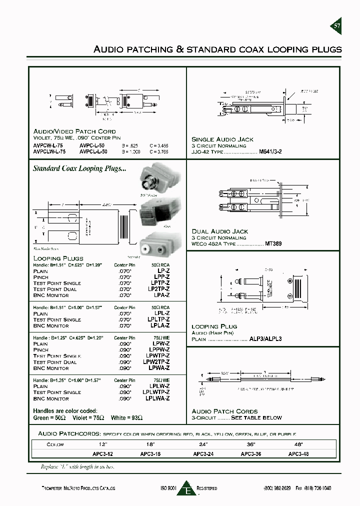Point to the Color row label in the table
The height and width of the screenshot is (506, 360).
(x=55, y=444)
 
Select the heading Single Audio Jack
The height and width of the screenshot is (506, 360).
(x=222, y=139)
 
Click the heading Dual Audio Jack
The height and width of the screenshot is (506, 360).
(x=220, y=231)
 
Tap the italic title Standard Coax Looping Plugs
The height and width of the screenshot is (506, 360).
(x=79, y=169)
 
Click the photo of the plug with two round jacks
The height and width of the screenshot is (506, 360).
(x=159, y=245)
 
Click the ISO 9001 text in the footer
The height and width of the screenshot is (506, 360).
(x=169, y=488)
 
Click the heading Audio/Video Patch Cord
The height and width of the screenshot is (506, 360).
(x=74, y=131)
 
